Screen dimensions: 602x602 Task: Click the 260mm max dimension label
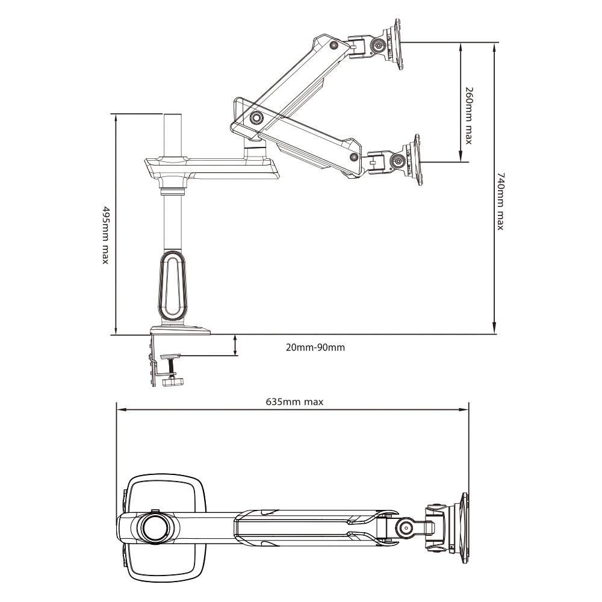click(x=469, y=116)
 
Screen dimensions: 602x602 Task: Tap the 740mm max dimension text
click(x=500, y=201)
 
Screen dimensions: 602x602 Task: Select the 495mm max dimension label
click(x=106, y=235)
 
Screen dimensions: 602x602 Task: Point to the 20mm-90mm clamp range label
click(x=315, y=347)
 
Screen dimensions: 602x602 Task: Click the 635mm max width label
click(x=294, y=402)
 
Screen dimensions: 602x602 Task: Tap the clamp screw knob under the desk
click(x=172, y=382)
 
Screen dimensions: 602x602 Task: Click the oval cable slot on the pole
click(x=172, y=285)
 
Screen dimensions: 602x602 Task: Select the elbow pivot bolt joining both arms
click(x=256, y=117)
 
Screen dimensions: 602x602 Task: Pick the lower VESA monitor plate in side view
click(x=415, y=160)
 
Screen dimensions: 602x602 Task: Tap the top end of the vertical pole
click(x=173, y=114)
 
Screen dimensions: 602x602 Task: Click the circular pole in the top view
click(x=155, y=527)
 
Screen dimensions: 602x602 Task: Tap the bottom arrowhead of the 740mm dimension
click(x=494, y=329)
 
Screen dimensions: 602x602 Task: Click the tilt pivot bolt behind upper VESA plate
click(x=379, y=46)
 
